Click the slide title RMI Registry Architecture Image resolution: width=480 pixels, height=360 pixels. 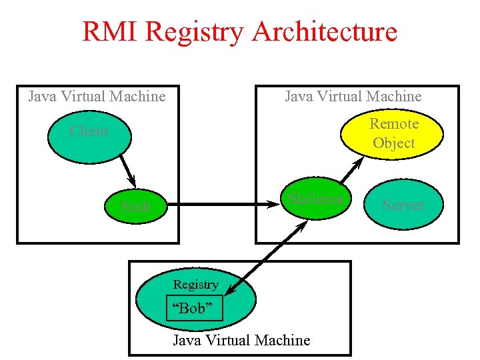pos(239,31)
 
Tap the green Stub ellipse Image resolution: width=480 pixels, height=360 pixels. pos(136,207)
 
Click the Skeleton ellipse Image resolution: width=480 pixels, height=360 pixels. pos(315,199)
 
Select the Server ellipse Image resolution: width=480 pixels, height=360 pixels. pos(403,205)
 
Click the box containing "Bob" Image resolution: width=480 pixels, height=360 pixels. pos(194,309)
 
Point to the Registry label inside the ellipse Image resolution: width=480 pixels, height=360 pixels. pos(195,285)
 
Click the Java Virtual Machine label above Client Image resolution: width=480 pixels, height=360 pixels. pos(97,96)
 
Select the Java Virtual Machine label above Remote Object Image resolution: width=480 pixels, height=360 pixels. pos(353,96)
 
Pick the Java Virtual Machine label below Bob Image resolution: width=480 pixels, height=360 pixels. pos(241,340)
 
